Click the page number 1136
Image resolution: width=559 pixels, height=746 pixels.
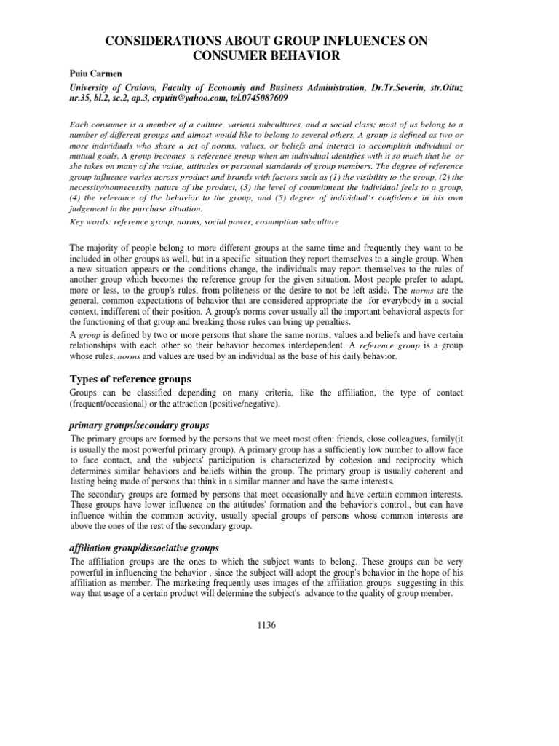click(x=279, y=624)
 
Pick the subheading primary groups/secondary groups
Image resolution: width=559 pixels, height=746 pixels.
click(x=140, y=425)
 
